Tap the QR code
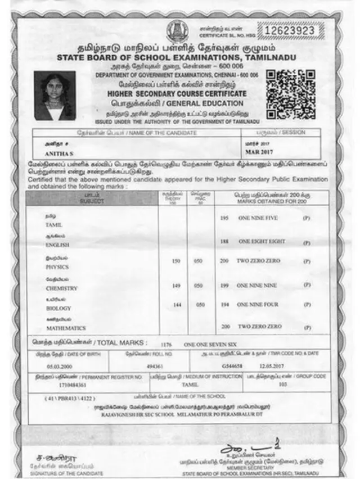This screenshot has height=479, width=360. coord(290,94)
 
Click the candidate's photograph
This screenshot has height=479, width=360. coord(55,96)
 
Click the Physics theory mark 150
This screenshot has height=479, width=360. coord(175,261)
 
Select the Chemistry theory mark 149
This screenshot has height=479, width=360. coord(175,286)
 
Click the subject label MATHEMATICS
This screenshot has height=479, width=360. coord(66,328)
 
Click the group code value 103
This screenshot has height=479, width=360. coord(283,385)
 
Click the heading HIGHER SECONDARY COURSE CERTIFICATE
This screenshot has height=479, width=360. coord(177,94)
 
